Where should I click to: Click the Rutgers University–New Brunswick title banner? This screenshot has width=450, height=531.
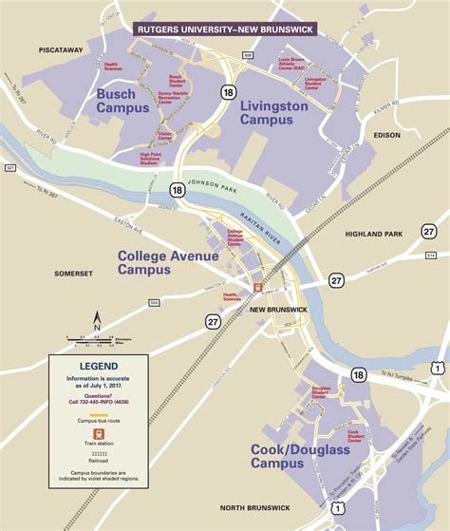[225, 28]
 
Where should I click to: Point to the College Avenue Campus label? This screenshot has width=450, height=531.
[158, 262]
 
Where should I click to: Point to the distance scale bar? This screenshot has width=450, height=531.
[96, 338]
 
